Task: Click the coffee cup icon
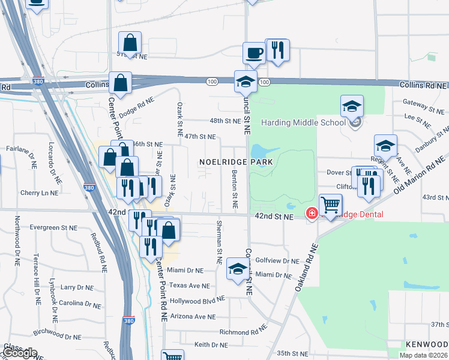tap(254, 52)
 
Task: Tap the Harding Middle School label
tap(303, 123)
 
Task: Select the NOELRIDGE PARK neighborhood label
tap(237, 162)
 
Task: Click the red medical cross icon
tap(312, 213)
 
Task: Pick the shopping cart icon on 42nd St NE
tap(331, 205)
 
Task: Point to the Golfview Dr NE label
tap(277, 261)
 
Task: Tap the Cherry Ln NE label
tap(39, 193)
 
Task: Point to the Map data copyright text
tap(423, 355)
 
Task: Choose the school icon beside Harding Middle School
tap(352, 107)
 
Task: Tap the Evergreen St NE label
tap(56, 228)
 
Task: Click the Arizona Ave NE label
tap(192, 316)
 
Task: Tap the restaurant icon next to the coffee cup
tap(277, 50)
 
